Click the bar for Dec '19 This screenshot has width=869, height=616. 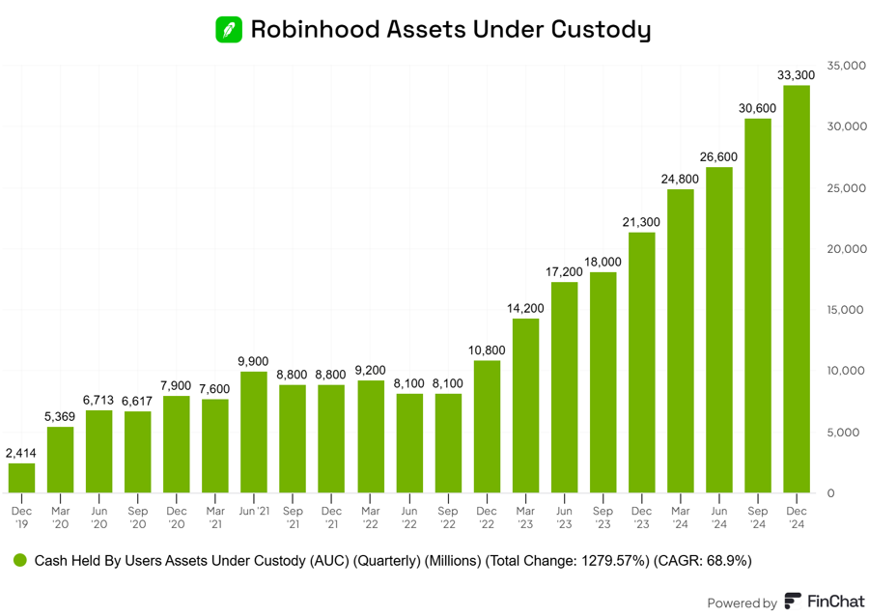[x=21, y=478]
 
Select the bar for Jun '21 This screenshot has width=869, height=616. [x=254, y=432]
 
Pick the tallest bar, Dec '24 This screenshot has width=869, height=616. [x=797, y=289]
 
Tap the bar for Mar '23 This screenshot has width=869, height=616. [x=525, y=406]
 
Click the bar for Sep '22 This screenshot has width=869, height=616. [x=448, y=443]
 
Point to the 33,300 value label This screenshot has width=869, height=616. [x=797, y=74]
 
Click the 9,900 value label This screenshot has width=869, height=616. [x=254, y=361]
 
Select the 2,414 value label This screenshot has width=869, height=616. [x=21, y=453]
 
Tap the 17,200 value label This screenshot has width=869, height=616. [x=564, y=271]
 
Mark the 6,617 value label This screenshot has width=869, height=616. [x=138, y=401]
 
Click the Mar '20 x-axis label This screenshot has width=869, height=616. [x=61, y=517]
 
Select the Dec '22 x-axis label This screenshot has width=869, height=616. [x=487, y=517]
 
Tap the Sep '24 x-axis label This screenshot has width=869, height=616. [x=758, y=517]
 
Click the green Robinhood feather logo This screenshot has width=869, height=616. [x=229, y=29]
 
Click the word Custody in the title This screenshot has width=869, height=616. [x=600, y=30]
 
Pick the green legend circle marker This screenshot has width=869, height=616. [x=19, y=560]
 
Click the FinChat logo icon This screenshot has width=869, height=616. [x=793, y=602]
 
